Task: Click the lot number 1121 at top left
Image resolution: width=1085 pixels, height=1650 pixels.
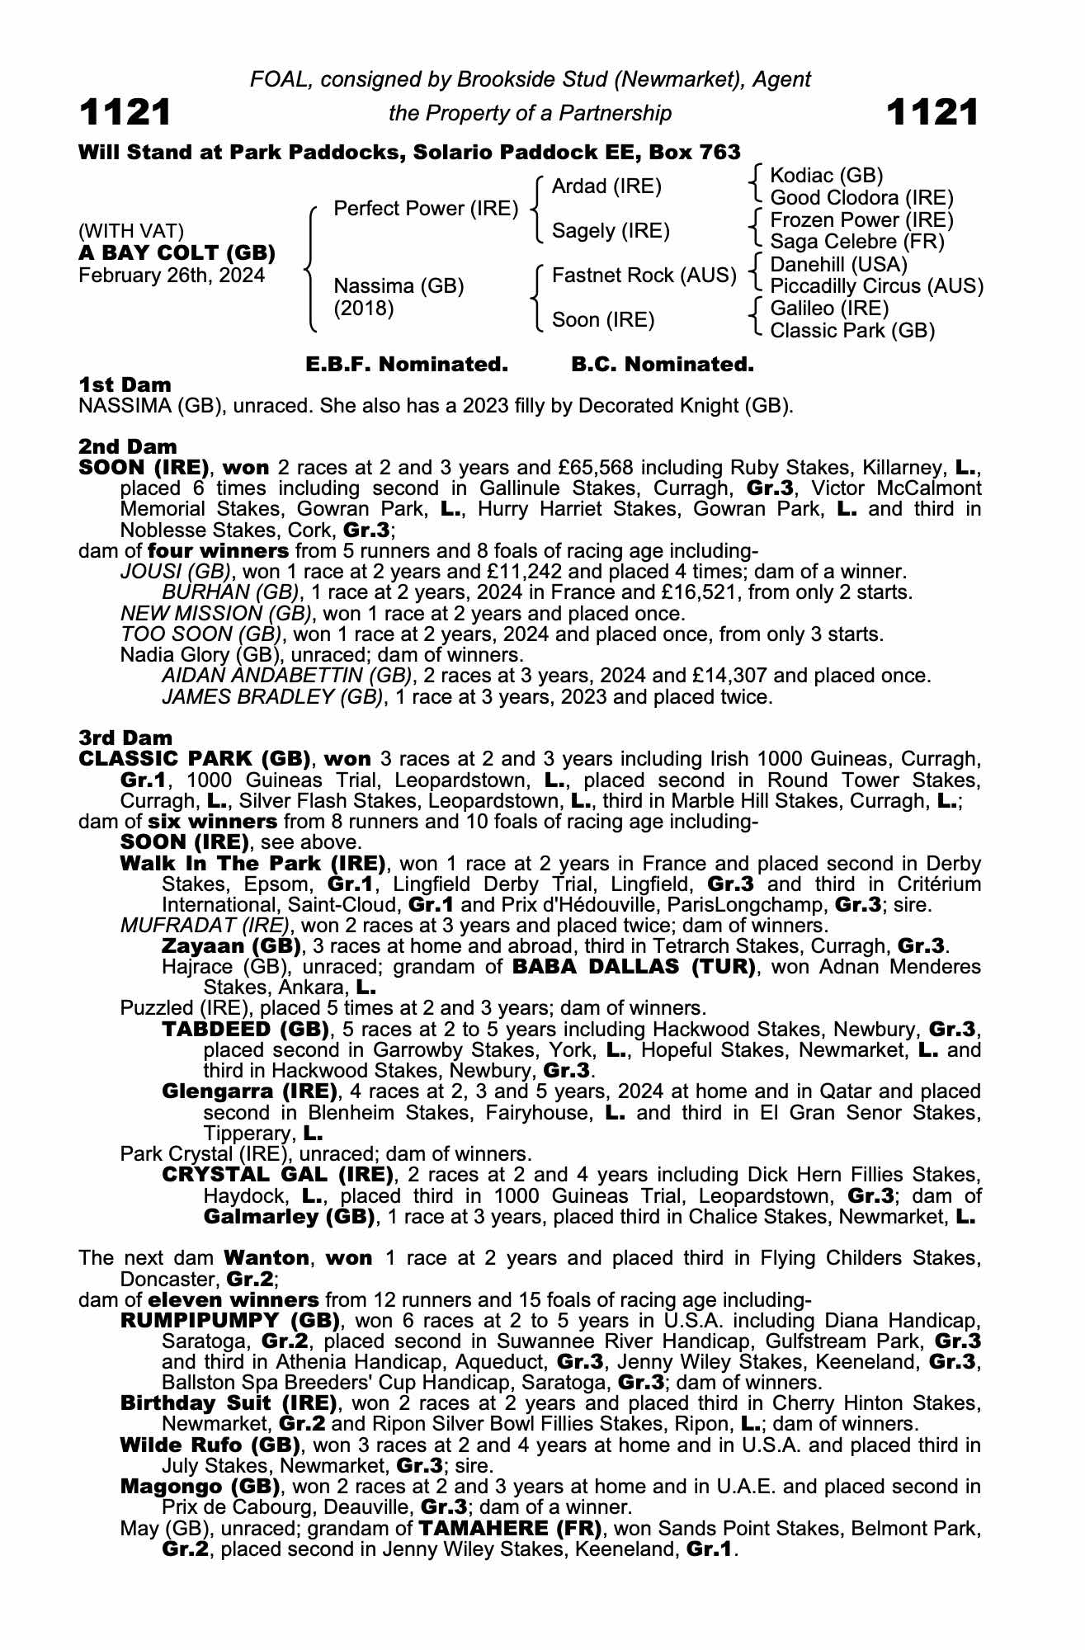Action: click(x=125, y=112)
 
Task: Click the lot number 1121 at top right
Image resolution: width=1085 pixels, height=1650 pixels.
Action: click(x=932, y=112)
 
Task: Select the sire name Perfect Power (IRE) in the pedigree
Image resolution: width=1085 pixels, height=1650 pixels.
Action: click(x=426, y=209)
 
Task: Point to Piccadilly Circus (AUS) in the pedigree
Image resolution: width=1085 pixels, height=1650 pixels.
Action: click(x=876, y=286)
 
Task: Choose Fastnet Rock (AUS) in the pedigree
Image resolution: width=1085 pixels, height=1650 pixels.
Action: click(x=644, y=275)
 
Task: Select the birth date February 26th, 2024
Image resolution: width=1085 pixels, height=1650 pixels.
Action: click(x=172, y=276)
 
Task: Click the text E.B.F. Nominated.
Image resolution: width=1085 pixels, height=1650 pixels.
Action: click(x=407, y=364)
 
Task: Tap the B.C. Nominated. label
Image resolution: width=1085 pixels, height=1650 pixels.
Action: click(x=663, y=364)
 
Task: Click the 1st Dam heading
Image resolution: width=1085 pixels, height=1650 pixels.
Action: click(x=125, y=384)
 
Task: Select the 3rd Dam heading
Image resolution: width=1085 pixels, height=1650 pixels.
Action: click(x=125, y=738)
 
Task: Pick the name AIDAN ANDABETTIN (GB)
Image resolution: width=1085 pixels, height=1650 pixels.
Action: click(x=286, y=676)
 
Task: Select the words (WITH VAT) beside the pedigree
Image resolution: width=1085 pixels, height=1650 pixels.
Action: click(x=131, y=231)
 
